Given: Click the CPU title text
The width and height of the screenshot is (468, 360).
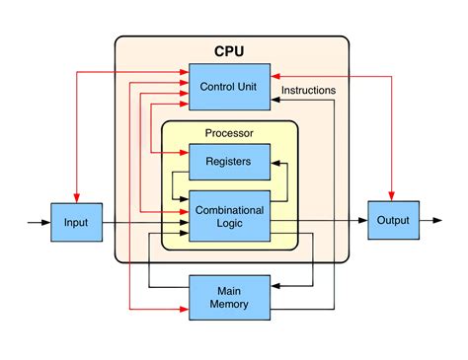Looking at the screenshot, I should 230,51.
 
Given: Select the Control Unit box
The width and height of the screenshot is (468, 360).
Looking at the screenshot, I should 229,87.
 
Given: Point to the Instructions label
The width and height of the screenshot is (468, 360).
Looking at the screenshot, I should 308,91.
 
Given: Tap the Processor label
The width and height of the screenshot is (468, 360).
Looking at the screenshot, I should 229,133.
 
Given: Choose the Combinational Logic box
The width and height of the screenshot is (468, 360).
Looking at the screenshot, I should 229,217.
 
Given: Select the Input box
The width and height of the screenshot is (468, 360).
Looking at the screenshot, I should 76,222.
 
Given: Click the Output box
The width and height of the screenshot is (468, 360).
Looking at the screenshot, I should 393,221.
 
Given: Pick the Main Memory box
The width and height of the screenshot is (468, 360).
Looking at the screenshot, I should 229,296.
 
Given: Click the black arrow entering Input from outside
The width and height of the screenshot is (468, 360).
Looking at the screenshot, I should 39,222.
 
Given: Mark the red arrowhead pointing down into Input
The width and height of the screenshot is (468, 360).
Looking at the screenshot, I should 76,197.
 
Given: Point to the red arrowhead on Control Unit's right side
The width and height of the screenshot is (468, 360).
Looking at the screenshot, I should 275,75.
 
